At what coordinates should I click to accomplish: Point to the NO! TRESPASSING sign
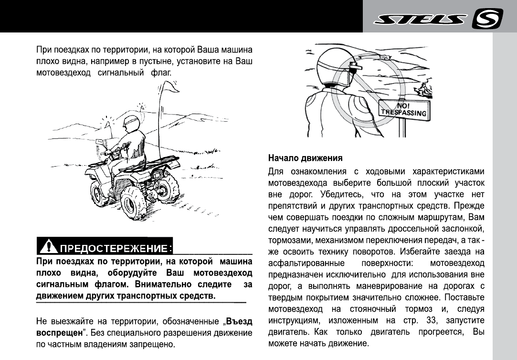(x=403, y=109)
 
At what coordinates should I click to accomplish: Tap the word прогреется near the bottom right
(x=439, y=331)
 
